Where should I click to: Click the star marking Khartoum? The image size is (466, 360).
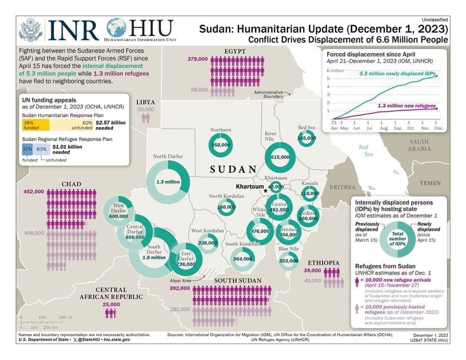[x=266, y=190]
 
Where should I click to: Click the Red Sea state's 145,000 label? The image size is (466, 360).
[x=307, y=138]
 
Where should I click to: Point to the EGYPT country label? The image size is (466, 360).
[x=235, y=51]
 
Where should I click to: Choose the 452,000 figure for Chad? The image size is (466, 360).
[x=34, y=191]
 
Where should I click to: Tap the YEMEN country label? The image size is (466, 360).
[x=430, y=183]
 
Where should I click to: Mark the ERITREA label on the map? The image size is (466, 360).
[x=342, y=187]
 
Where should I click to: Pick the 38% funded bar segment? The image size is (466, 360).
[x=35, y=124]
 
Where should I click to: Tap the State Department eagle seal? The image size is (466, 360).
[x=31, y=30]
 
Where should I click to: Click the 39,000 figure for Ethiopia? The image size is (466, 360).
[x=312, y=271]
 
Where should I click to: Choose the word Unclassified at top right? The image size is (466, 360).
[x=434, y=19]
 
